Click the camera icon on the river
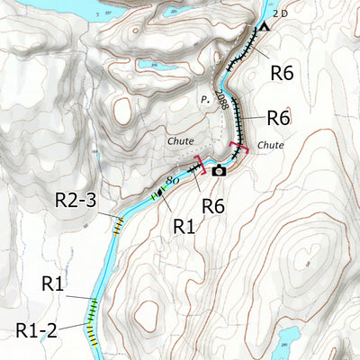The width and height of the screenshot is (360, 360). pyautogui.click(x=219, y=169)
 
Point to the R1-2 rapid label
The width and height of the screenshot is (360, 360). pyautogui.click(x=37, y=329)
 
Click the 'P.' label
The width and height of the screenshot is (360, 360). pyautogui.click(x=205, y=100)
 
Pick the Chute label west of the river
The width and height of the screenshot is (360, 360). pyautogui.click(x=180, y=141)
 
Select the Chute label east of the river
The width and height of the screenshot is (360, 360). pyautogui.click(x=270, y=144)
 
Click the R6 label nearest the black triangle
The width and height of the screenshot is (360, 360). pyautogui.click(x=282, y=75)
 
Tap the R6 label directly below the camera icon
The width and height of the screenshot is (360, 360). pyautogui.click(x=213, y=206)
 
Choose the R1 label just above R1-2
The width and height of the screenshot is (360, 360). pyautogui.click(x=53, y=285)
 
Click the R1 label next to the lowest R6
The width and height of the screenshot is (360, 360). pyautogui.click(x=184, y=225)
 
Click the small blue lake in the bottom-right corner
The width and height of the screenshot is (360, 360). pyautogui.click(x=286, y=340)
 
